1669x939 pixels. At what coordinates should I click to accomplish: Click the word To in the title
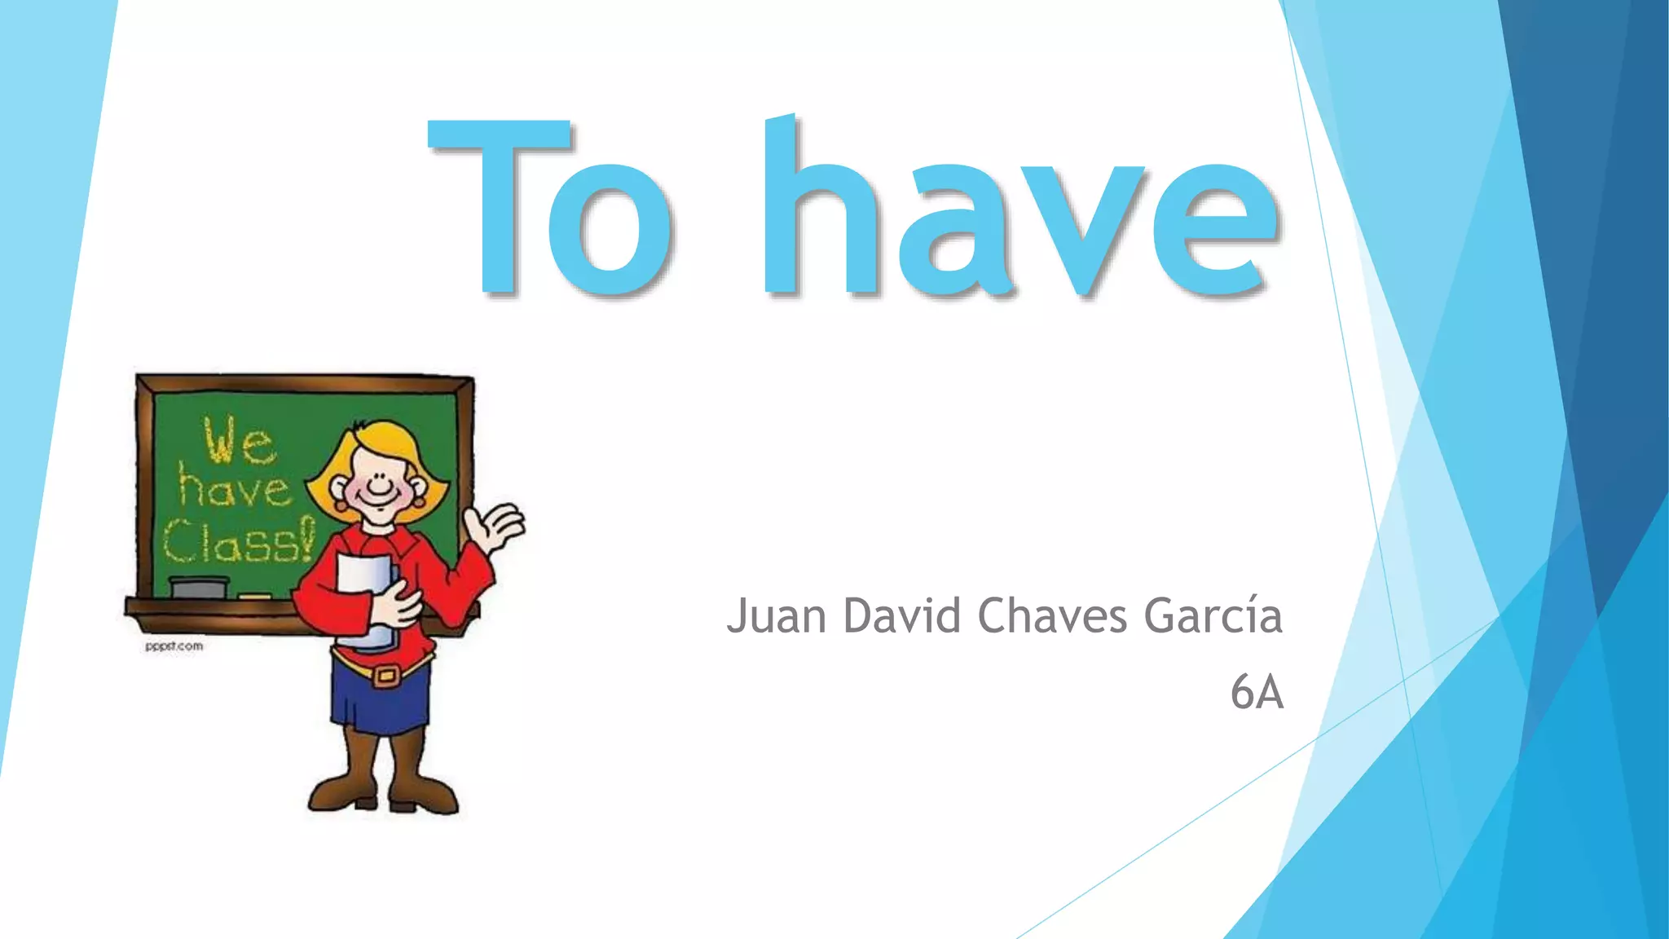(x=551, y=208)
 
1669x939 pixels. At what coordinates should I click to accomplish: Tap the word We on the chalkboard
(x=239, y=442)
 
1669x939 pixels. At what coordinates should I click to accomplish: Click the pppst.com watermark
(x=174, y=646)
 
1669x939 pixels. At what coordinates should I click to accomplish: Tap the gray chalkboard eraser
(x=199, y=587)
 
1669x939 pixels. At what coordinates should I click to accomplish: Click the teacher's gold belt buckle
(x=386, y=675)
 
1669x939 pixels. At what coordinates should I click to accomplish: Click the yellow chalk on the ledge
(x=255, y=597)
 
